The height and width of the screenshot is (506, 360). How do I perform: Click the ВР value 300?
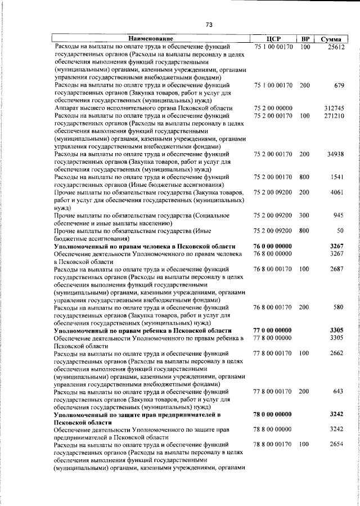click(x=305, y=216)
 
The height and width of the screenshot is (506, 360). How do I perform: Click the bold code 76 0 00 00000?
click(x=273, y=246)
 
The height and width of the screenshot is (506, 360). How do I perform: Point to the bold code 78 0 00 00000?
click(x=273, y=415)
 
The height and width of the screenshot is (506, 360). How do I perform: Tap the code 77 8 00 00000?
click(x=273, y=338)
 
